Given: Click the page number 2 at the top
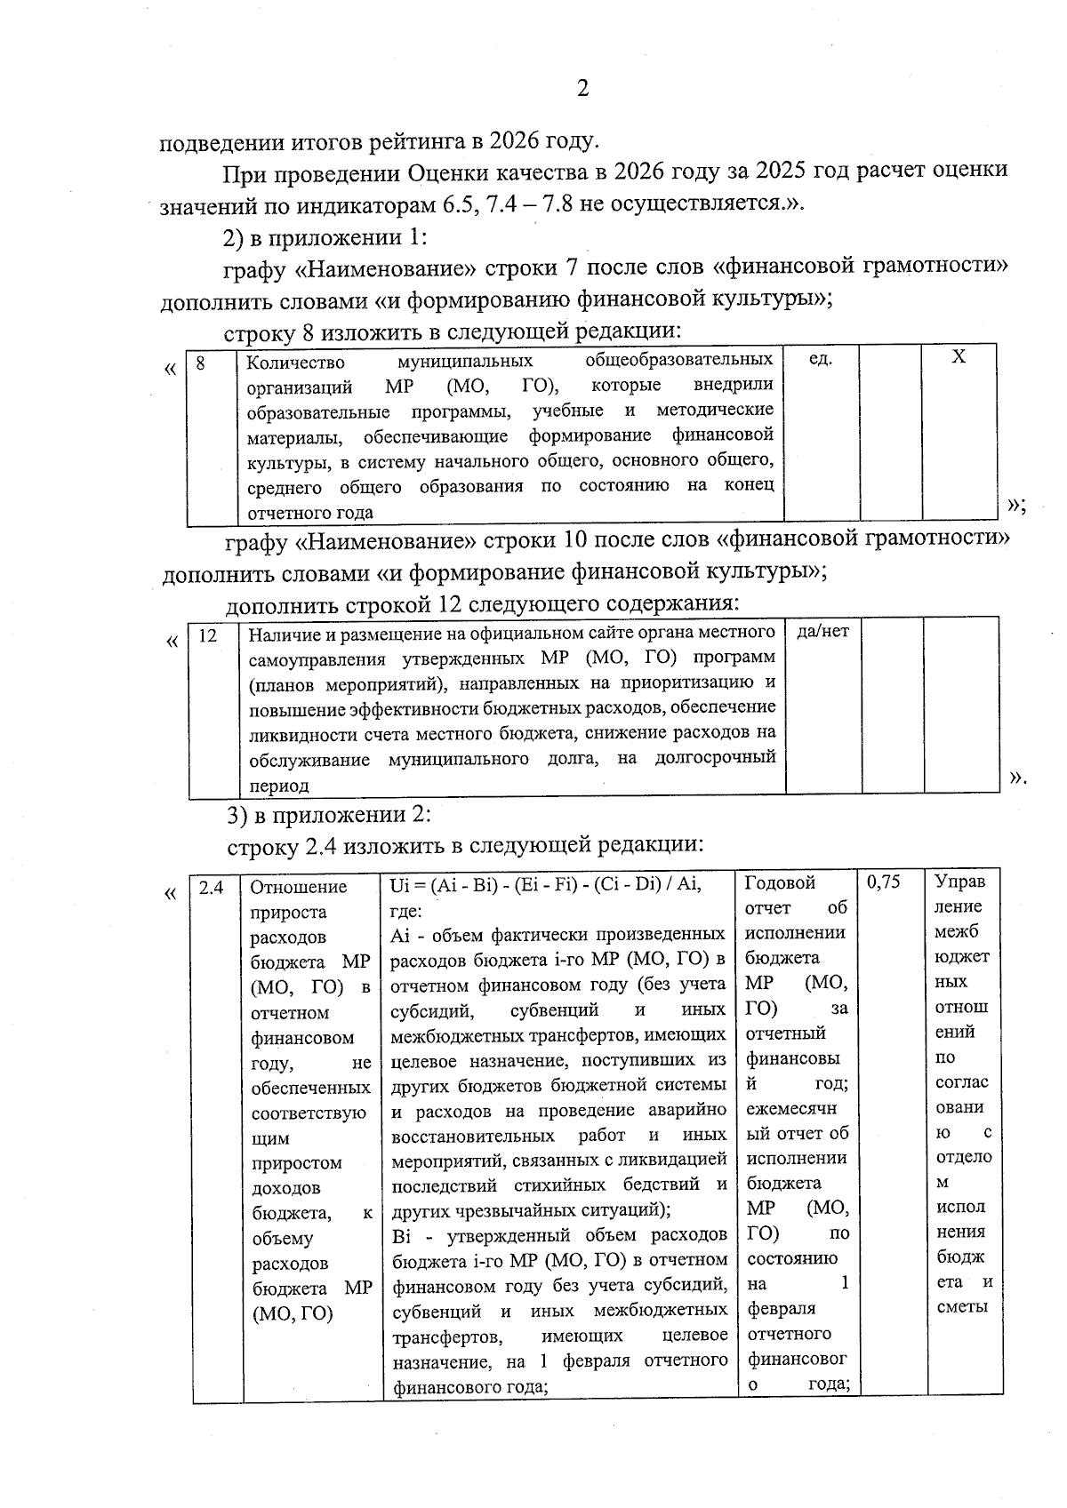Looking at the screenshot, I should (582, 88).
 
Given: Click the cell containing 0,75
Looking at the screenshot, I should (883, 882).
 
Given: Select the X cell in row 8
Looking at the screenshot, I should (959, 357).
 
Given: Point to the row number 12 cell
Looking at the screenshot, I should (208, 635).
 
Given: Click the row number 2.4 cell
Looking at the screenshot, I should (211, 887).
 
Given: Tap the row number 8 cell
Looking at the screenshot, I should (201, 363).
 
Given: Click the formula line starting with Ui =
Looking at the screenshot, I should (545, 884).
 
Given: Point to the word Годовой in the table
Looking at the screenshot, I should (779, 882).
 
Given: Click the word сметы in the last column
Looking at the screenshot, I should (962, 1307).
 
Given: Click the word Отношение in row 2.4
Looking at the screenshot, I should (298, 887).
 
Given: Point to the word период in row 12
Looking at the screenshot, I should (279, 786).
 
